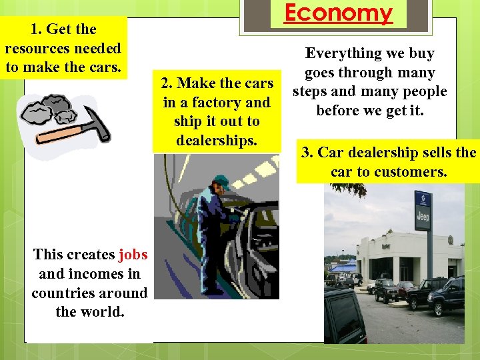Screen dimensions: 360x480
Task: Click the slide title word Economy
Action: click(x=339, y=13)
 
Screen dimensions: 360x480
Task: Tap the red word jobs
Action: click(x=133, y=254)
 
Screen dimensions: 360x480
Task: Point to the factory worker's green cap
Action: click(x=220, y=181)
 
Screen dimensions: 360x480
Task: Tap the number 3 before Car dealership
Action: click(x=307, y=152)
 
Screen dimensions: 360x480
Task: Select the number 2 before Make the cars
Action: click(x=165, y=83)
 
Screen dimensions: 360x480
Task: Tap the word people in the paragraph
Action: click(x=419, y=91)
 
